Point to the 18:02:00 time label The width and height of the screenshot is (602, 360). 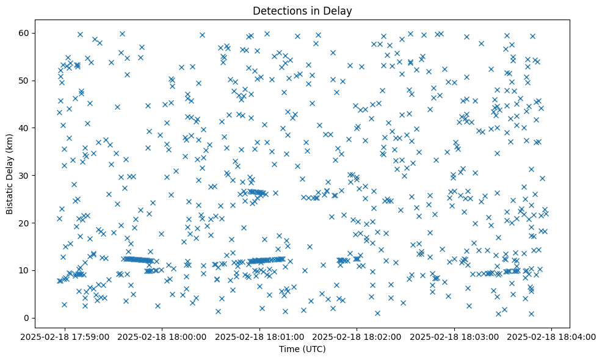click(358, 336)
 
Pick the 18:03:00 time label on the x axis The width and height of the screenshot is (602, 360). click(455, 336)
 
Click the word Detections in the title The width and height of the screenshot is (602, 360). click(279, 10)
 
